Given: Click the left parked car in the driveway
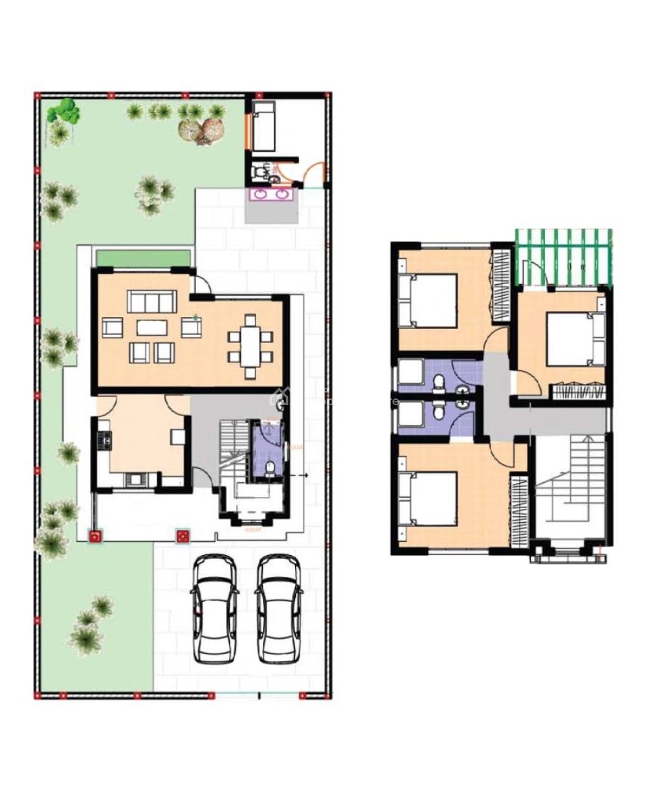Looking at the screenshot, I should (213, 608).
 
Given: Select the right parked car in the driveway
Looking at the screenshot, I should (278, 608).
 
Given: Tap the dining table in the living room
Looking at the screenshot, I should (250, 346).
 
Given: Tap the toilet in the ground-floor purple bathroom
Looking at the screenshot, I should (269, 469).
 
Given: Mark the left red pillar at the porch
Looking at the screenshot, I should (96, 536).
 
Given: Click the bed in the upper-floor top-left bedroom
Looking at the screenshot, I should (428, 301).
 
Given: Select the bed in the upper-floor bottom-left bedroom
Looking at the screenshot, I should (428, 499).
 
